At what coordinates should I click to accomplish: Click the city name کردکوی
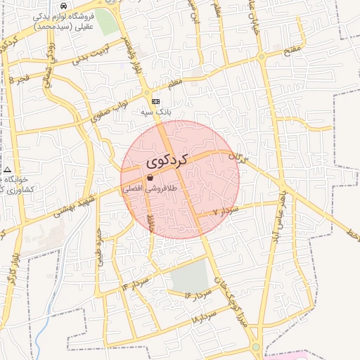pos(168,160)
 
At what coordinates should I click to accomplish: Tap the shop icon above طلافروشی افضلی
pos(150,178)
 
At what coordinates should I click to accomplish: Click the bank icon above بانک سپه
pos(155,101)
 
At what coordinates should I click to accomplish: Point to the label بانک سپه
pos(155,112)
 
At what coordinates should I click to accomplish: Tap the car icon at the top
pos(64,6)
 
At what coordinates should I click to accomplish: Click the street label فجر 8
pos(20,78)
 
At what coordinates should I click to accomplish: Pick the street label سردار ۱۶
pos(198,295)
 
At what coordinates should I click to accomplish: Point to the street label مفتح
pos(292,50)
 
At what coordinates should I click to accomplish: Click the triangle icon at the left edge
pos(7,169)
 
